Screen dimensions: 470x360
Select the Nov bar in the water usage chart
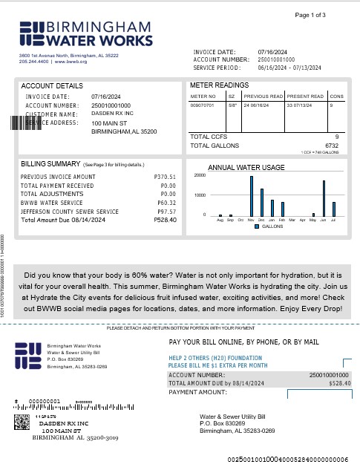tap(251, 195)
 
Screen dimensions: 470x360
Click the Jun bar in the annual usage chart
tap(324, 198)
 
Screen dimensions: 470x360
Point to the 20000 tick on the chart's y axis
tap(199, 175)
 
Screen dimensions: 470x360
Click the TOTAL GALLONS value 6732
tap(331, 146)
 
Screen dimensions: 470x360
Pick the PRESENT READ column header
tap(305, 97)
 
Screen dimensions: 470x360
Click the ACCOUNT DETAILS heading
tap(52, 86)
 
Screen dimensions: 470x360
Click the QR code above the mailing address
tap(22, 424)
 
